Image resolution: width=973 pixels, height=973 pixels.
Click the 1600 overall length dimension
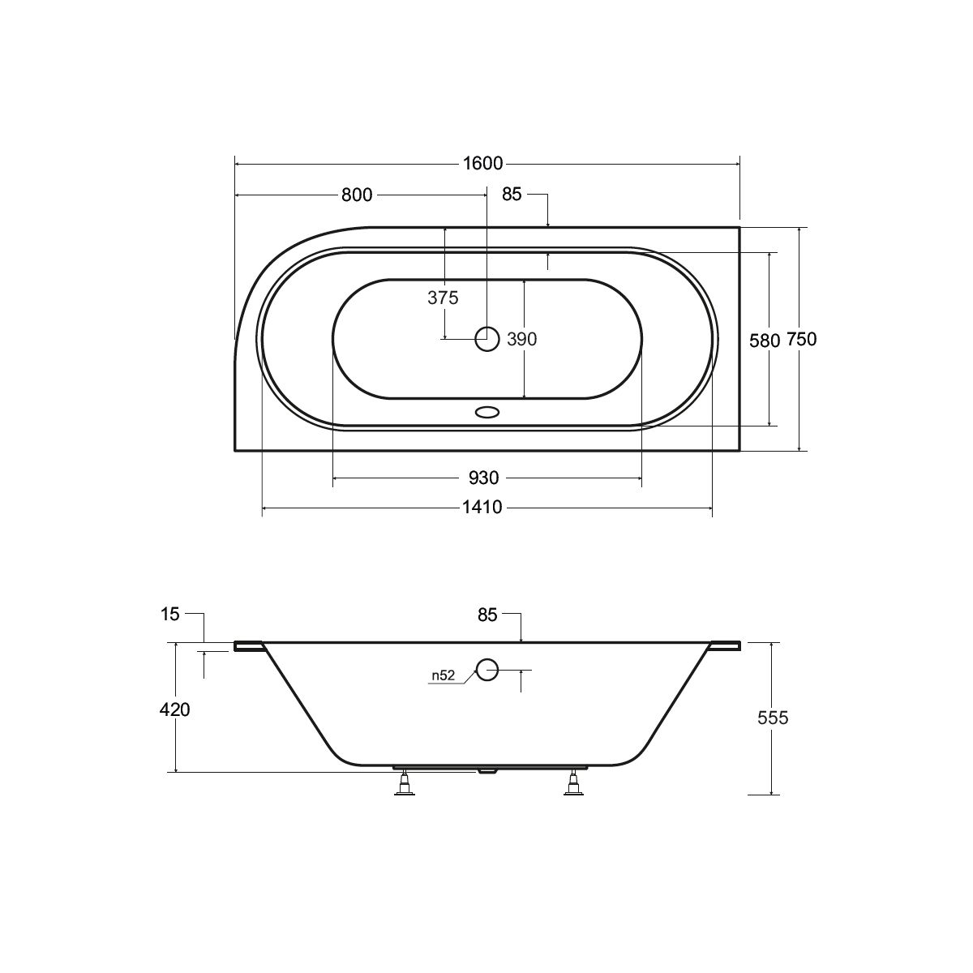coord(483,164)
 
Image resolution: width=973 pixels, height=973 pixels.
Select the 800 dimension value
coord(357,195)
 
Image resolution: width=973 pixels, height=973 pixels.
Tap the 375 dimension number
coord(443,298)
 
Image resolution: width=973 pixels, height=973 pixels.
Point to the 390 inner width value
coord(521,339)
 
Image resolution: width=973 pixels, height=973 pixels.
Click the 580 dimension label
coord(765,341)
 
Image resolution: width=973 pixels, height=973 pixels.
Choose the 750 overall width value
coord(801,339)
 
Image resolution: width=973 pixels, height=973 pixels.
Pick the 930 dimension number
coord(484,478)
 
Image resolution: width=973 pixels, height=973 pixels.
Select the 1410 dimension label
coord(482,507)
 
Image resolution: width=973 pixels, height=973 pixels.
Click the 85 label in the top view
coord(512,194)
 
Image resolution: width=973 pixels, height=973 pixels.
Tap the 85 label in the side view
coord(487,615)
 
